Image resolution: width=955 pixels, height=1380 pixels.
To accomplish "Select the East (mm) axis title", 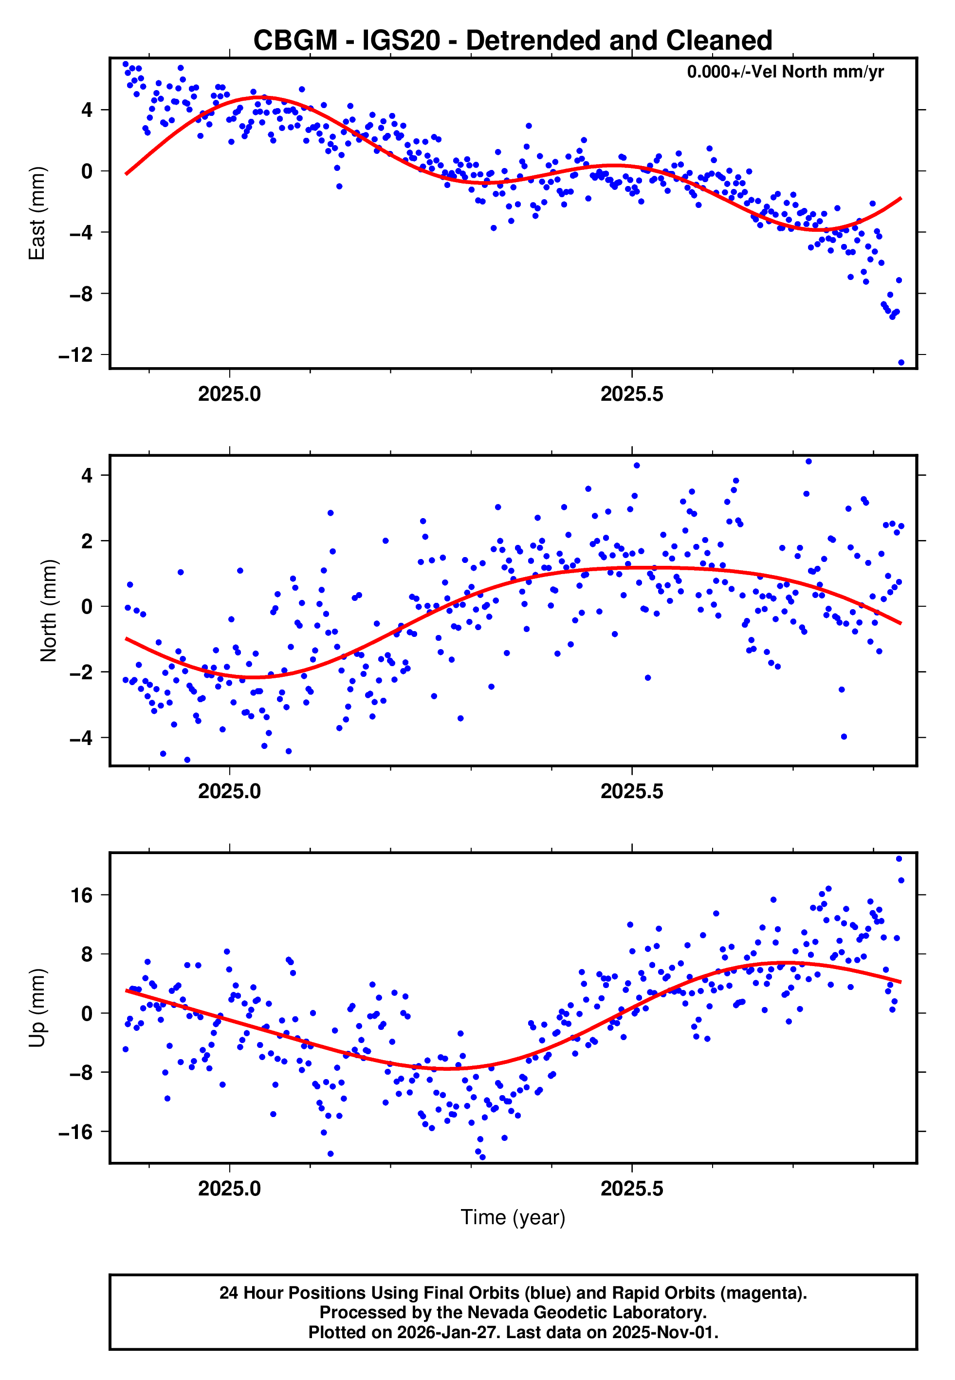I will pyautogui.click(x=37, y=213).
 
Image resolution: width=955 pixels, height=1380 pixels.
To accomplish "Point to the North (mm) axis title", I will pyautogui.click(x=49, y=611).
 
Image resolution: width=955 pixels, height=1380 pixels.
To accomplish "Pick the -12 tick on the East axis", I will pyautogui.click(x=75, y=355).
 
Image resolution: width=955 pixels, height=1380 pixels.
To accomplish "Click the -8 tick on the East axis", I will pyautogui.click(x=80, y=294).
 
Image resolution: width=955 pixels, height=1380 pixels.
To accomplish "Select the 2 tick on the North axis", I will pyautogui.click(x=87, y=541).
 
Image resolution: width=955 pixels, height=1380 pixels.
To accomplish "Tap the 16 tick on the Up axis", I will pyautogui.click(x=82, y=896).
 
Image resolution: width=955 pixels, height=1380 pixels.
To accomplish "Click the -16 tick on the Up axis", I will pyautogui.click(x=75, y=1132).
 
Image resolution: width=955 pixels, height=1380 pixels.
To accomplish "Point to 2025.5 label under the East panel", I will pyautogui.click(x=632, y=394).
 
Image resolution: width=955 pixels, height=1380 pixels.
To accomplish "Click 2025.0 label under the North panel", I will pyautogui.click(x=229, y=791).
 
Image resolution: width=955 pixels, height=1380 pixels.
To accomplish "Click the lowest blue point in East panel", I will pyautogui.click(x=900, y=363).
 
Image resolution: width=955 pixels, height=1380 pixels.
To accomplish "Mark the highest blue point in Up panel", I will pyautogui.click(x=898, y=859).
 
